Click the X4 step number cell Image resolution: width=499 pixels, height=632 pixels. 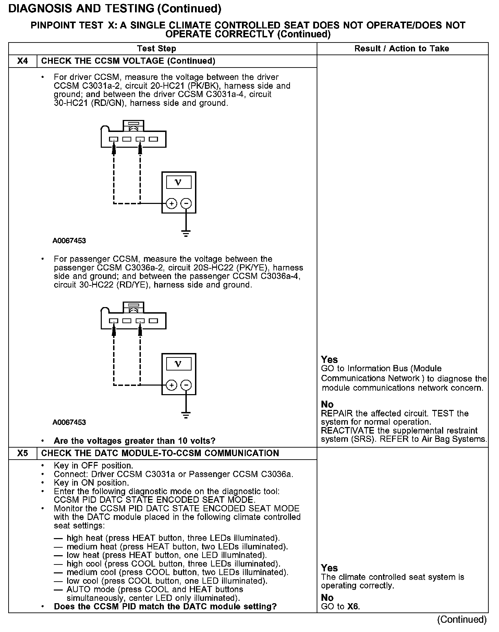tap(22, 61)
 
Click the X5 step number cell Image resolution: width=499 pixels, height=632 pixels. tap(22, 453)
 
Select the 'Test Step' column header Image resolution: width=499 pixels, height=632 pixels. tap(157, 49)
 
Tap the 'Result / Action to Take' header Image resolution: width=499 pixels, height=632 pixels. tap(402, 49)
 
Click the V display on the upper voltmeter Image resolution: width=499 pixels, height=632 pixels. tap(179, 182)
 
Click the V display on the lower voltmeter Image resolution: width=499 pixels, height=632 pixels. tap(179, 364)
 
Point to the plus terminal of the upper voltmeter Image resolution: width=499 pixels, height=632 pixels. tap(171, 204)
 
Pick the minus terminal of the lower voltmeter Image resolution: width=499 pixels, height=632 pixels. tap(186, 385)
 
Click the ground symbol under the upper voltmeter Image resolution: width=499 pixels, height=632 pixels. tap(186, 234)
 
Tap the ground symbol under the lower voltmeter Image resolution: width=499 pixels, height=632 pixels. tap(186, 416)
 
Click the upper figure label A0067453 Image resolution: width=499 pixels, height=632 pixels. tap(69, 241)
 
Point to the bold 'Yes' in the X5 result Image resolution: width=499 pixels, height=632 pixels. tap(329, 568)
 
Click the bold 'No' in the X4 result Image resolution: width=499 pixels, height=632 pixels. tap(327, 404)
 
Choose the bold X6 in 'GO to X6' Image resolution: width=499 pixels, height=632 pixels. tap(353, 606)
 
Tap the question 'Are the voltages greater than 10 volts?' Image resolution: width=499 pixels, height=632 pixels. tap(134, 441)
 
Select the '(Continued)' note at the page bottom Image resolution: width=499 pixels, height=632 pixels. tap(462, 619)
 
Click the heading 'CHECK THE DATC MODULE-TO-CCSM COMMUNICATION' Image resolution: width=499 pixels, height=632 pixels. tap(160, 453)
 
